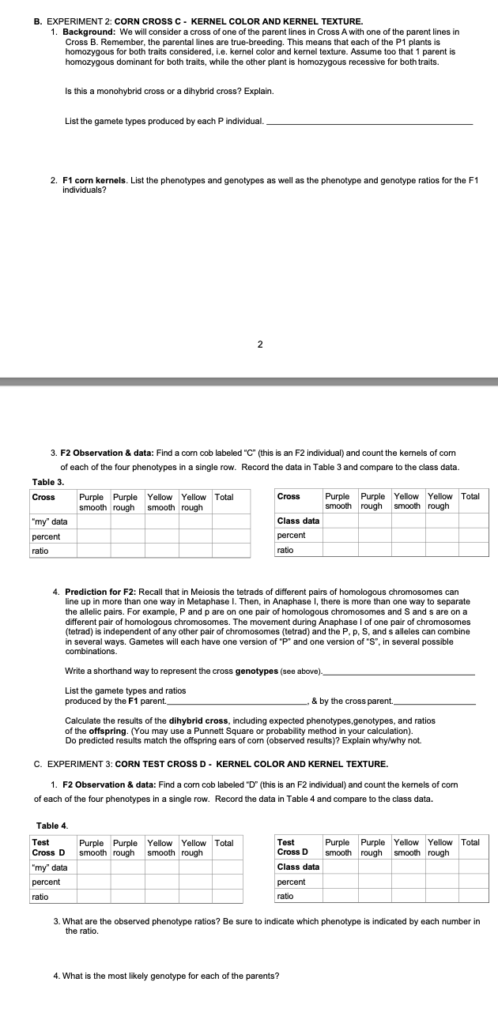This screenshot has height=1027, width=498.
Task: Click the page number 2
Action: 260,344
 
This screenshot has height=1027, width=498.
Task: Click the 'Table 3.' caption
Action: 48,482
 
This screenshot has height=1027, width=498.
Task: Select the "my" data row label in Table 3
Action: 49,521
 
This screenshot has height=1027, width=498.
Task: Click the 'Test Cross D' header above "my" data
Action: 49,848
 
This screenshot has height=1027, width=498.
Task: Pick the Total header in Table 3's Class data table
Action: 470,497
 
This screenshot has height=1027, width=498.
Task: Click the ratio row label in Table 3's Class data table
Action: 286,550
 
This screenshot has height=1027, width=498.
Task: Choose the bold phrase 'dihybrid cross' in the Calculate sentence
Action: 182,720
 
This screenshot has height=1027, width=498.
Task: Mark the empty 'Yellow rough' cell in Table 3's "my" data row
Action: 195,521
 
